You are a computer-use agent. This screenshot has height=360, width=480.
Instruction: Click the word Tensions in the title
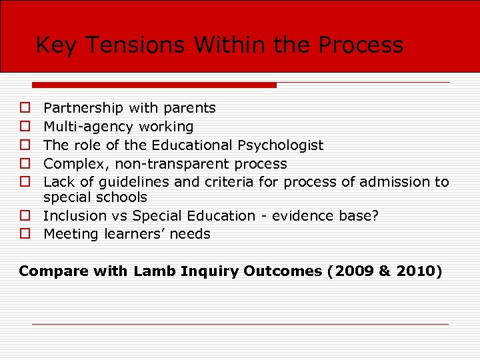138,45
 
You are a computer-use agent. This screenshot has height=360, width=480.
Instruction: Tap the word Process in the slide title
361,45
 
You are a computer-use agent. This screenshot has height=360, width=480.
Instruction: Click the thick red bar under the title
154,85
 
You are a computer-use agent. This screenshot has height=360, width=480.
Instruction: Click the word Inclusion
72,216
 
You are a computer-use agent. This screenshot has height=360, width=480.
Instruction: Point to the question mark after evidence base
375,216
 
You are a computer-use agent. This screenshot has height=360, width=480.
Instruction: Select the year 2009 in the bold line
353,271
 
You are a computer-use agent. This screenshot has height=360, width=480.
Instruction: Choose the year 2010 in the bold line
415,271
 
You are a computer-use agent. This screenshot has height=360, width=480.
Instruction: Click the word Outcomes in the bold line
282,271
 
